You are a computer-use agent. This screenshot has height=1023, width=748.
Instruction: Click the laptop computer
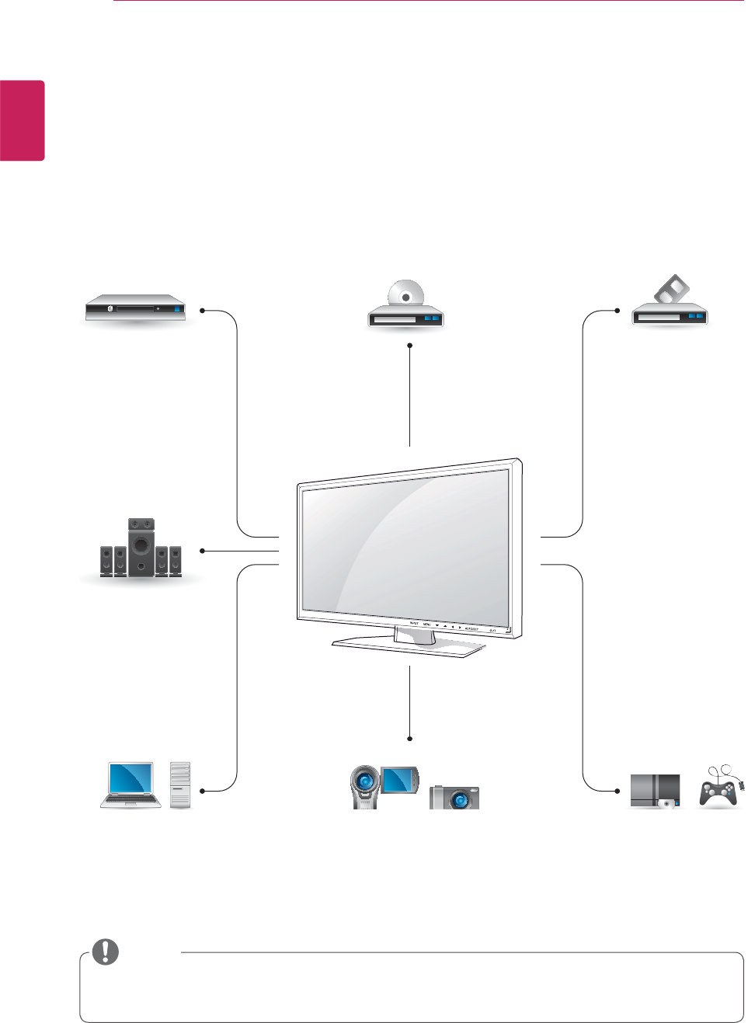130,785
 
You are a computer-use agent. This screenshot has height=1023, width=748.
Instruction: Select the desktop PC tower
180,785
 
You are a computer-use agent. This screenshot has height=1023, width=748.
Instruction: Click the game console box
655,792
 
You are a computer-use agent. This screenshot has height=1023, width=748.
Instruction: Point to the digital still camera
454,797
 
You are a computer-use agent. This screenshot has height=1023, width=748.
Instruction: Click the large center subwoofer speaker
141,547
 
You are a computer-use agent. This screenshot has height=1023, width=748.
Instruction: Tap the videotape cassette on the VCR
672,290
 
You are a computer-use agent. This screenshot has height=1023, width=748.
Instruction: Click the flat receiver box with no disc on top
136,308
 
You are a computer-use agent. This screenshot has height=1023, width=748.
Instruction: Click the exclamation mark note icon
106,952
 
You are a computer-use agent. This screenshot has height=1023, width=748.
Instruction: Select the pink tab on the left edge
22,120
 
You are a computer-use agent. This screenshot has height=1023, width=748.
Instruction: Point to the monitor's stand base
408,645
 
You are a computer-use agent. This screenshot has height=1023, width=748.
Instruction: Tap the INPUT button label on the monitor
414,624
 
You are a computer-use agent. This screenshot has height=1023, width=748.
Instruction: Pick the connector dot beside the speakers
202,551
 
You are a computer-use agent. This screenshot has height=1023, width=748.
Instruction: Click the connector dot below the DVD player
409,345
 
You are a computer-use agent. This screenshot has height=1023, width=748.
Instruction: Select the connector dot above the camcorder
409,739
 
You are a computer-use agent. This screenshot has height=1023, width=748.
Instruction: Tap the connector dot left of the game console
618,791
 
